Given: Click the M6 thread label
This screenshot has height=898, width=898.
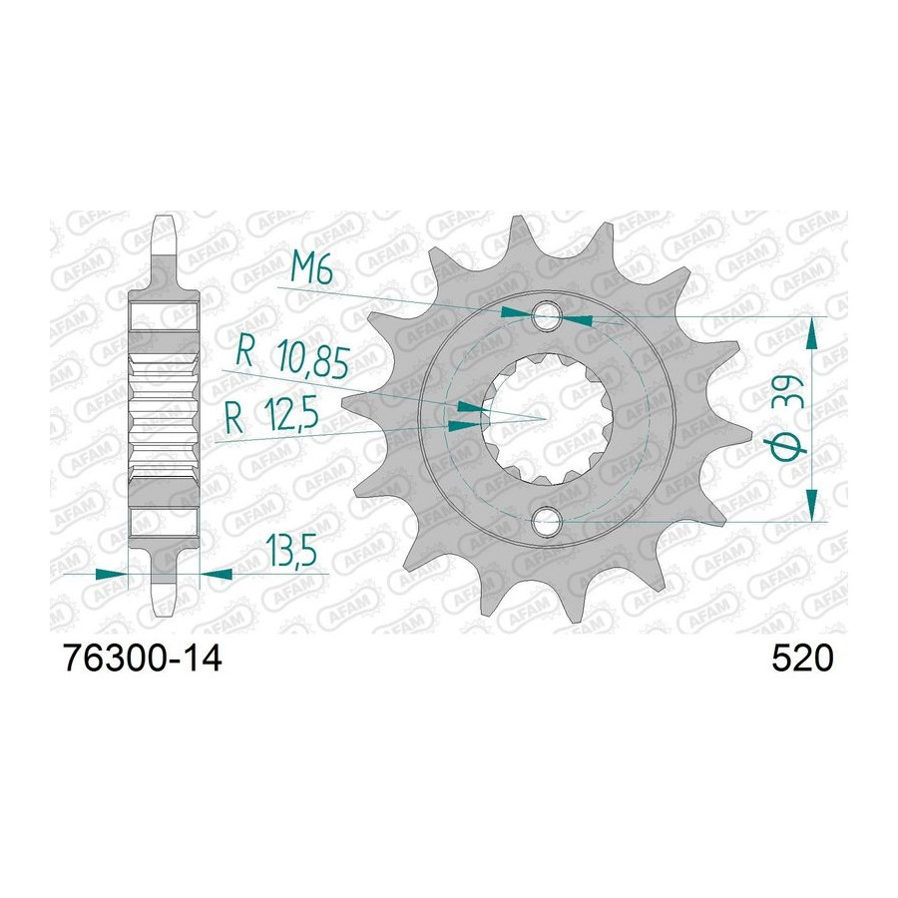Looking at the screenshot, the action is pos(311,268).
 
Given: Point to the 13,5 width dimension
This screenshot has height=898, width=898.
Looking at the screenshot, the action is pos(290,552).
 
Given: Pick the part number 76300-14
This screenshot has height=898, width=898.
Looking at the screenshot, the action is pos(143,659).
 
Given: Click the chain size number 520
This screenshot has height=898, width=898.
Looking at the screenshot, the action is pos(802,659).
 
